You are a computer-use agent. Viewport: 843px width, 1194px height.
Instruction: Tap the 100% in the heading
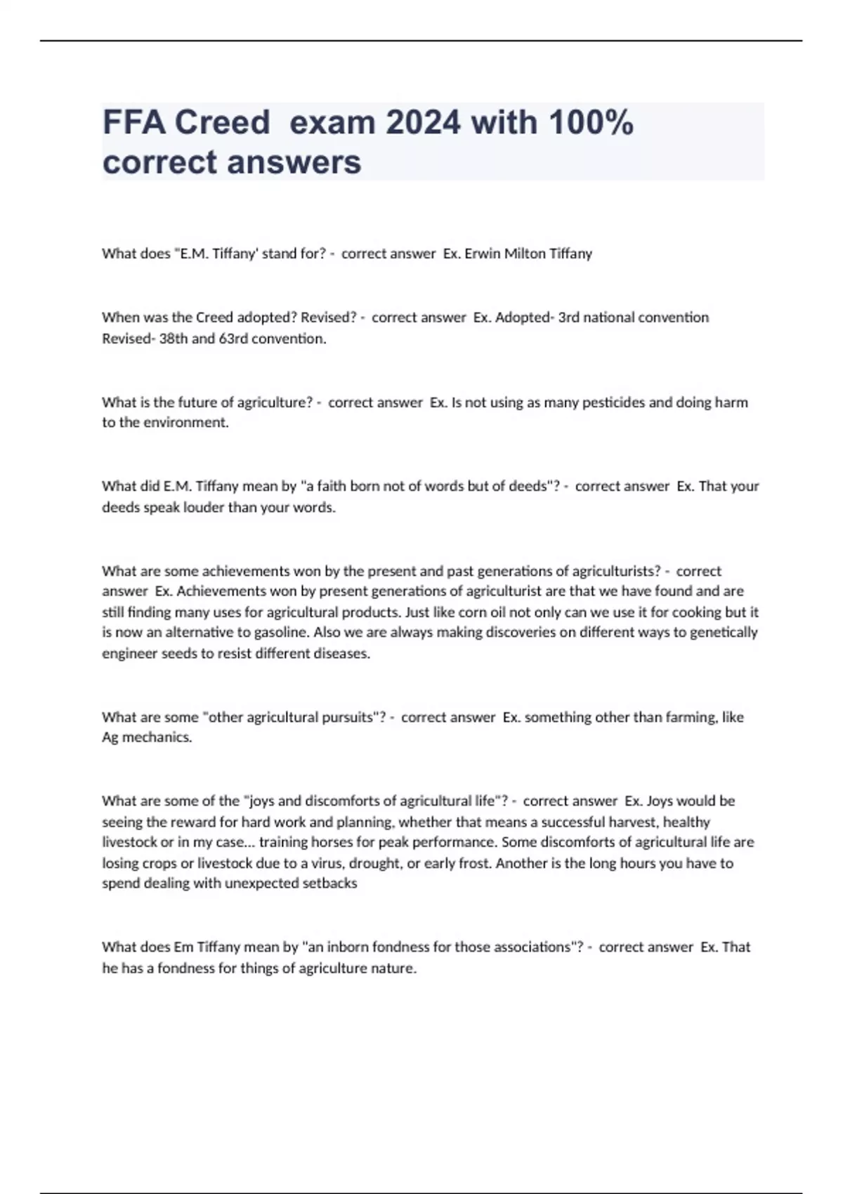(591, 122)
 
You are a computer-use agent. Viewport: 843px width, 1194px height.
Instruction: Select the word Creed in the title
(222, 122)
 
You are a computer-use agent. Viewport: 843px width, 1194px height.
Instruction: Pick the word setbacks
(329, 884)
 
